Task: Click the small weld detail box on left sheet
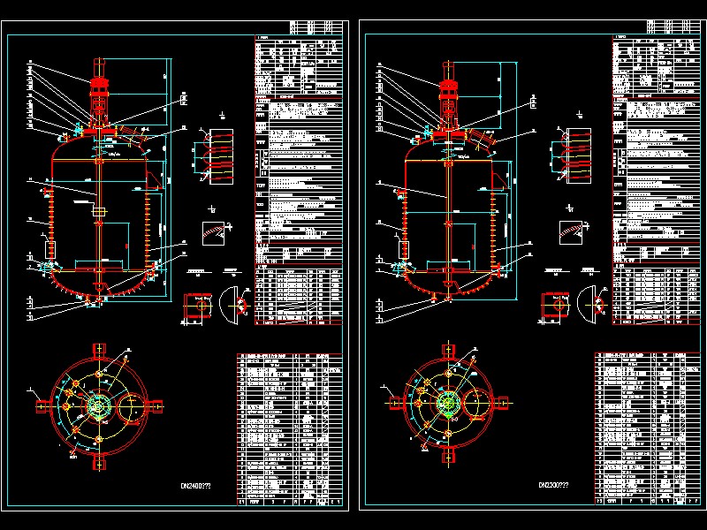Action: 213,231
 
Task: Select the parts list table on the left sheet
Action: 289,428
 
